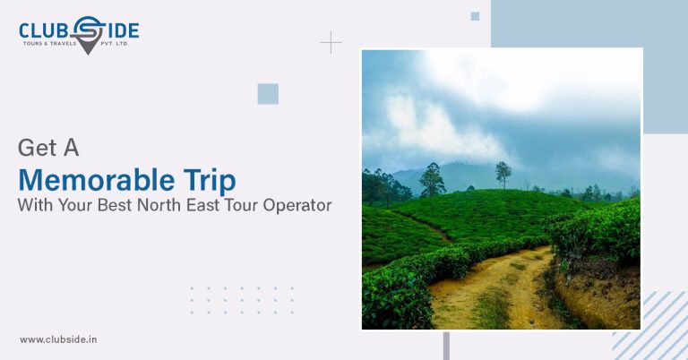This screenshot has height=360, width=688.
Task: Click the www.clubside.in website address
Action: [x=58, y=339]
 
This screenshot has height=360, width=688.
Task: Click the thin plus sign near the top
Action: [x=331, y=43]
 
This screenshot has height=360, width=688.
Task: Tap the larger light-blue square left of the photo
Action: [x=268, y=93]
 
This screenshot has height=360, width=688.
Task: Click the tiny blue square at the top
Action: [x=475, y=16]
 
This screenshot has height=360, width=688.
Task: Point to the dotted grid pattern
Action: [x=241, y=300]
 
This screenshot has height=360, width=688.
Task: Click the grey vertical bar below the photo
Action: [x=446, y=346]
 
